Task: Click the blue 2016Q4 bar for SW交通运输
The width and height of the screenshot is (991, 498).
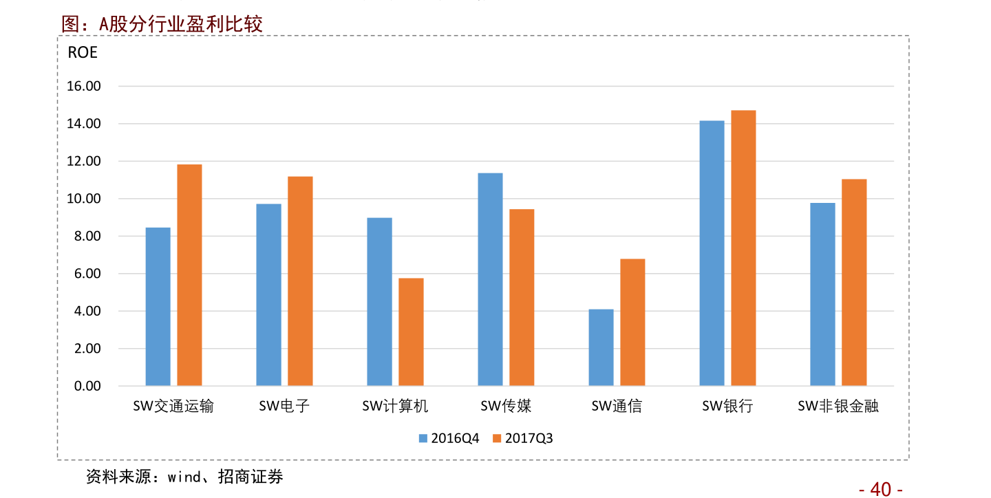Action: click(x=158, y=307)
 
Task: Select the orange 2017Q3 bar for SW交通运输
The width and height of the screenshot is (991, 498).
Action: click(x=189, y=275)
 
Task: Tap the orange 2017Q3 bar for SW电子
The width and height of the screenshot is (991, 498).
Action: click(x=300, y=281)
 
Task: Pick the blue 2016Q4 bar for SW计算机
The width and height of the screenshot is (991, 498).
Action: click(x=380, y=302)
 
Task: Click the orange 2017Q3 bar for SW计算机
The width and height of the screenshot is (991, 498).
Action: click(x=411, y=332)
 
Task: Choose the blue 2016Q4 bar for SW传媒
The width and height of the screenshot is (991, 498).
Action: click(x=491, y=279)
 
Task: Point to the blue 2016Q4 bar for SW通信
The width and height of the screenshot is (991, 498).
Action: click(x=601, y=347)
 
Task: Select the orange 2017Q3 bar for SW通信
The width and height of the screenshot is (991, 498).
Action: click(x=632, y=323)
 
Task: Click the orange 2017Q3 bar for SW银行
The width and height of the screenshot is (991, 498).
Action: click(x=743, y=248)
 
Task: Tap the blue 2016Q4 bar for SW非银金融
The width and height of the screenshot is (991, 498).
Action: click(x=822, y=294)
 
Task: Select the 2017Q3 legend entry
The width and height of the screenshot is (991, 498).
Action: click(x=523, y=438)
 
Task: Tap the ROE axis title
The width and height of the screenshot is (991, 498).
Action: click(x=83, y=52)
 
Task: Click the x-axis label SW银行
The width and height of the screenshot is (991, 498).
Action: click(x=727, y=407)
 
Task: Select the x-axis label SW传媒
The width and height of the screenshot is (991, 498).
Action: click(x=506, y=407)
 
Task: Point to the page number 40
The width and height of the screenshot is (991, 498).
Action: click(x=881, y=489)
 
